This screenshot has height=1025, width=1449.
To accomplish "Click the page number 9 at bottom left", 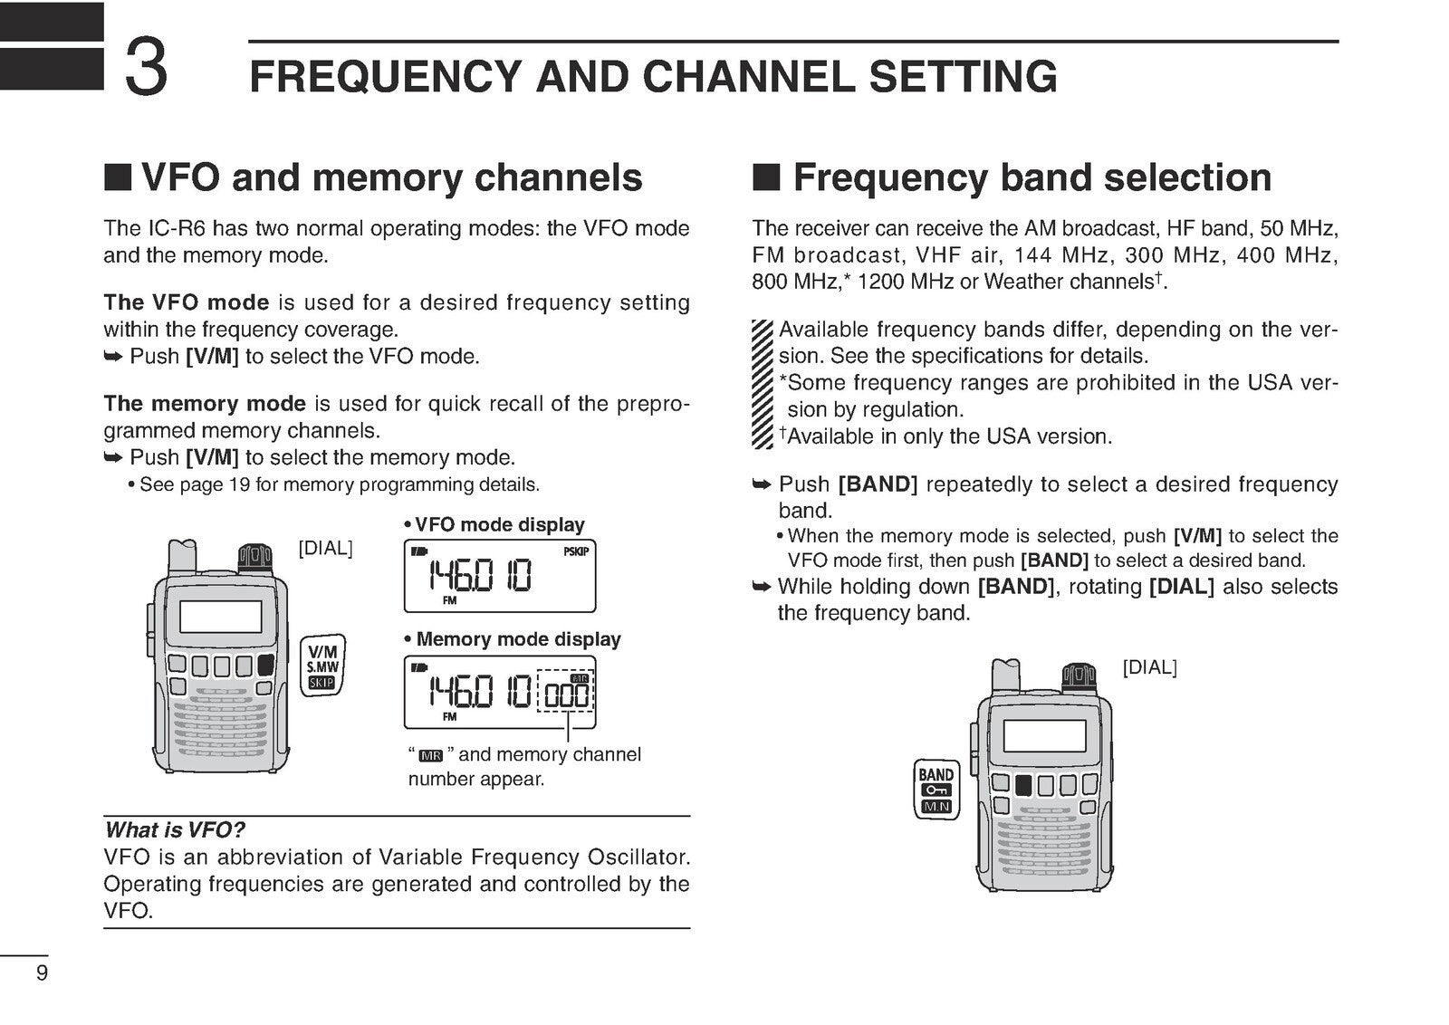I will (42, 974).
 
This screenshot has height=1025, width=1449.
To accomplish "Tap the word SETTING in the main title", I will (963, 76).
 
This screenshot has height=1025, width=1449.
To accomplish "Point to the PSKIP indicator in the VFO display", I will (576, 551).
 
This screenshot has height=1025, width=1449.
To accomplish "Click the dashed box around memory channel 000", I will (565, 692).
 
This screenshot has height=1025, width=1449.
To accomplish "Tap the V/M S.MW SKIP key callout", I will (322, 666).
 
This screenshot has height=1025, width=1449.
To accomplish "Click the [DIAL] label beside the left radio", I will (325, 549).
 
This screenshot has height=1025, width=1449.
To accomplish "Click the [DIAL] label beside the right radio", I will (1149, 668).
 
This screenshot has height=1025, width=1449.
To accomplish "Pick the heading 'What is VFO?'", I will (174, 829).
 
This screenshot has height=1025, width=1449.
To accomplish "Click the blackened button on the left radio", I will (265, 666).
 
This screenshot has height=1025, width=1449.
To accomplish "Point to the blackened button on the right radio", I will (1023, 784).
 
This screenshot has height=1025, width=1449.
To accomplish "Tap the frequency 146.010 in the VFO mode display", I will (480, 575).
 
